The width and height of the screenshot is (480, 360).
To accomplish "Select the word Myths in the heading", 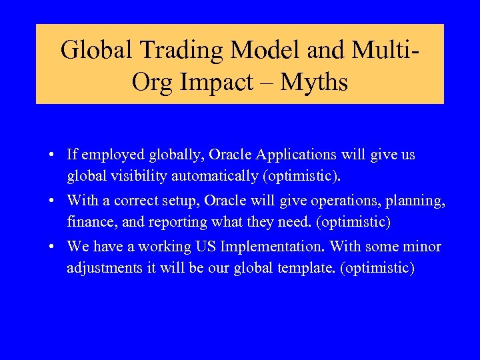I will (314, 82).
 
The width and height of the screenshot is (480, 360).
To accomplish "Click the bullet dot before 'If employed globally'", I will (51, 155).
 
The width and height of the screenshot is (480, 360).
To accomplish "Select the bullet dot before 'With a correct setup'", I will (51, 201).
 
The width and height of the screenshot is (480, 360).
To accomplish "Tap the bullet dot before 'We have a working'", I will (51, 247).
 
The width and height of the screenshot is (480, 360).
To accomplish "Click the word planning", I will (417, 201).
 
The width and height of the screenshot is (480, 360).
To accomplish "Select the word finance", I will (88, 221).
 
